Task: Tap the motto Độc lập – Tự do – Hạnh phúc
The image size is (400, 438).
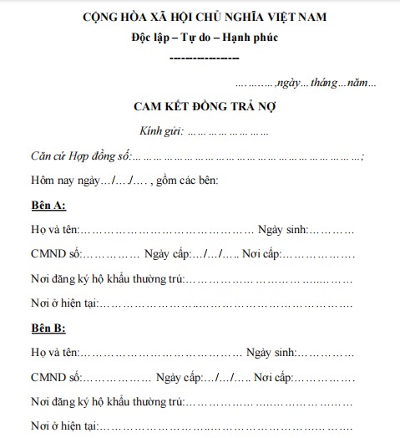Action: click(204, 38)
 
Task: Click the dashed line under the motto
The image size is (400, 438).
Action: click(204, 59)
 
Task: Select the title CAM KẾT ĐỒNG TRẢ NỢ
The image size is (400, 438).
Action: click(204, 107)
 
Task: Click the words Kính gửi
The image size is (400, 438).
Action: click(162, 131)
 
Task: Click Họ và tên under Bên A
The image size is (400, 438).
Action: click(54, 230)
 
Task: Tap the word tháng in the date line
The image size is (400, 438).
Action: click(326, 84)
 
